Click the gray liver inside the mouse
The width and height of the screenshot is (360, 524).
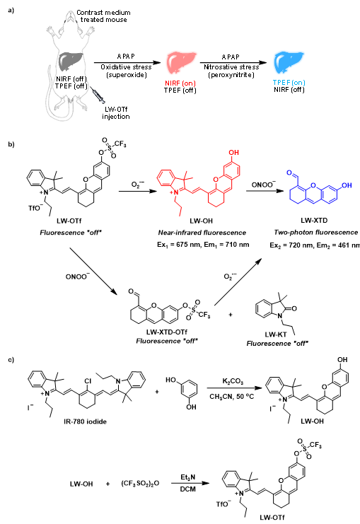point(69,60)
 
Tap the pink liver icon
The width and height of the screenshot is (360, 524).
point(180,62)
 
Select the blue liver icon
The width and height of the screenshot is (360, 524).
point(288,62)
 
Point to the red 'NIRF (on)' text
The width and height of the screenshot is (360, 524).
point(180,83)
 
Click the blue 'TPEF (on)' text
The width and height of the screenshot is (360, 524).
point(289,83)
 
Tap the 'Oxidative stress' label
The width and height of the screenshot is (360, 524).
point(126,67)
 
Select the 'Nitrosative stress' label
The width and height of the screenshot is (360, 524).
point(231,67)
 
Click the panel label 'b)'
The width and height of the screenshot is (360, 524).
point(11,144)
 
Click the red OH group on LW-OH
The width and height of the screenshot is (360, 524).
point(233,152)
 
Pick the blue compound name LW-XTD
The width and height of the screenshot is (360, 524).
point(314,220)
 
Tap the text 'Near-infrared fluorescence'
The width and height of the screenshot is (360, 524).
point(202,233)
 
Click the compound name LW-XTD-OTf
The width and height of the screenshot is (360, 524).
point(166,332)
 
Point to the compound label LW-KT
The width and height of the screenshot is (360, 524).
point(275,334)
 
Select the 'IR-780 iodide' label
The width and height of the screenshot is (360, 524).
point(85,421)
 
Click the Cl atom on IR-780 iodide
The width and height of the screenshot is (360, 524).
point(88,381)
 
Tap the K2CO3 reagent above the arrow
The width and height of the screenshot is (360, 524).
point(233,381)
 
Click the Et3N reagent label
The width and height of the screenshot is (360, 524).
point(187,477)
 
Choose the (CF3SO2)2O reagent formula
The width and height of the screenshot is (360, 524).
point(140,484)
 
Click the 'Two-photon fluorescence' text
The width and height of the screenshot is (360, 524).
point(316,233)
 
